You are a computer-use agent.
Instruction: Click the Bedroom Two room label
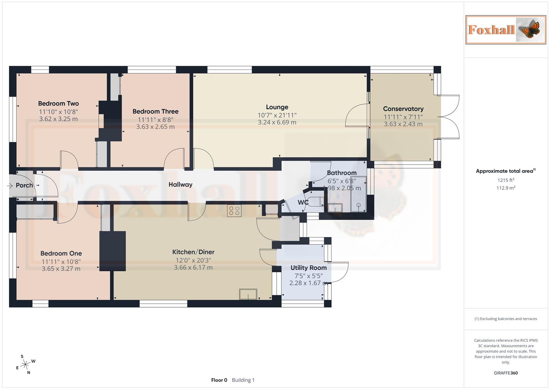[x=58, y=103]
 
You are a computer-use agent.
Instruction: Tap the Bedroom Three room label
[x=155, y=111]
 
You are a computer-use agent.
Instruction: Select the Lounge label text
[x=277, y=107]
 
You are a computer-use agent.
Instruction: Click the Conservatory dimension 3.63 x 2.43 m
[x=403, y=124]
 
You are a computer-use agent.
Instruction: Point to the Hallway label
[x=180, y=184]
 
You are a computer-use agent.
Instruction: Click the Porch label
[x=24, y=185]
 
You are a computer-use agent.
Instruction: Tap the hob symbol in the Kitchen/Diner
[x=234, y=211]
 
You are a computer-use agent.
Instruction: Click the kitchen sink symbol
[x=248, y=294]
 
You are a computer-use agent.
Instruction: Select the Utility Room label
[x=308, y=268]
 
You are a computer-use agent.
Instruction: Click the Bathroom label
[x=341, y=173]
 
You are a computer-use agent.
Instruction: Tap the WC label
[x=303, y=202]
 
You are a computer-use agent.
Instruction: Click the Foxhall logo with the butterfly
[x=505, y=30]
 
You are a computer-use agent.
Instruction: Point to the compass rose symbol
[x=25, y=365]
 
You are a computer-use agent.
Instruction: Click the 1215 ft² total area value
[x=505, y=180]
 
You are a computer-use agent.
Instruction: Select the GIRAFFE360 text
[x=505, y=373]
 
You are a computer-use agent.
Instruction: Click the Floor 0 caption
[x=219, y=380]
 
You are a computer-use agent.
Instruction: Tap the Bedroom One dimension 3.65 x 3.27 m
[x=61, y=268]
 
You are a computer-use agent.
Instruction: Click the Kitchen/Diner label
[x=193, y=252]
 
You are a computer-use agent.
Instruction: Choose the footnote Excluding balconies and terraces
[x=505, y=319]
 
